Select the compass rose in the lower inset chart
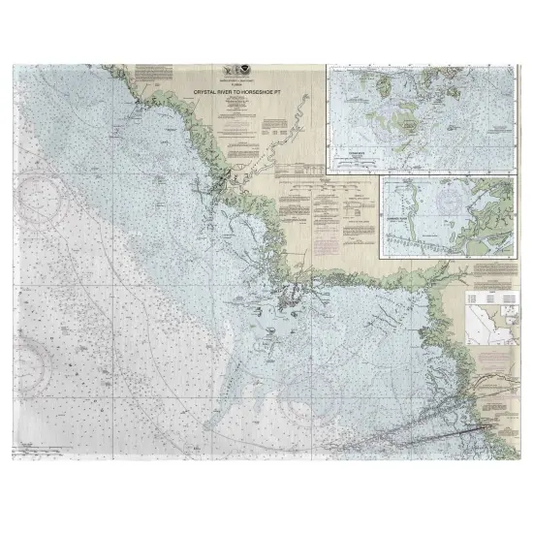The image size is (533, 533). pos(451,203)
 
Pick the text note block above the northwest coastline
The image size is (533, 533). pos(152,73)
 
